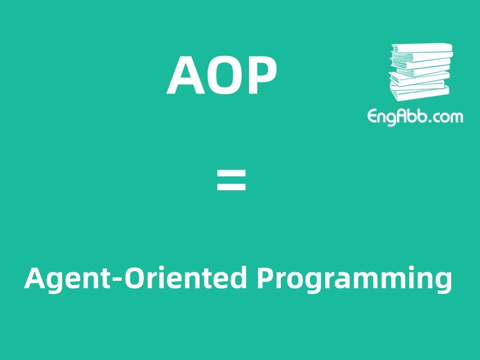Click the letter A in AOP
(185, 76)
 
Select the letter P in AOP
(262, 76)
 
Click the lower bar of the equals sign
(231, 187)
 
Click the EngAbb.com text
(415, 116)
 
